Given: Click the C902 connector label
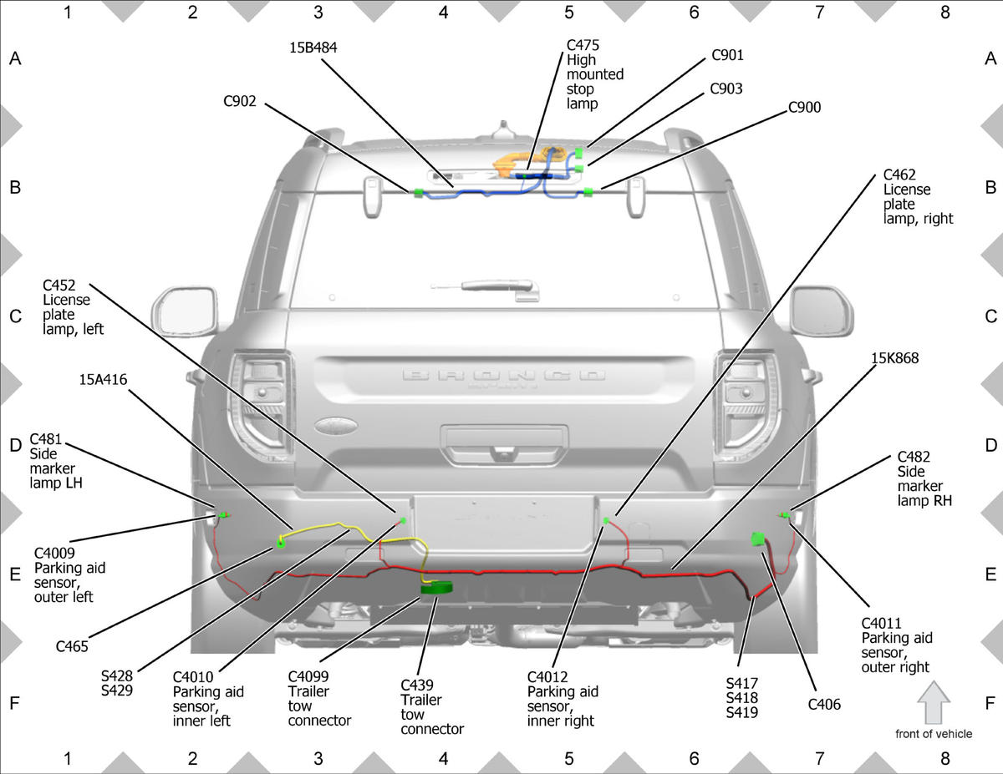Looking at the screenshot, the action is [240, 101].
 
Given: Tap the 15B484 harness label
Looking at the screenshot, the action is [313, 48].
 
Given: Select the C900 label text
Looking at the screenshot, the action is [805, 108].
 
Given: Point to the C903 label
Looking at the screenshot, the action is [726, 89].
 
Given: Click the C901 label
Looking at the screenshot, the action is [728, 55].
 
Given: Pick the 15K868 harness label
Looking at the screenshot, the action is [895, 358].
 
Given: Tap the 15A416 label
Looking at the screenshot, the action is [103, 380].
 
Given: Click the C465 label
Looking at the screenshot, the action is [72, 647].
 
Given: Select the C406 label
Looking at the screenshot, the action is [824, 705].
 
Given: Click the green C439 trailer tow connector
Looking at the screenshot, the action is [436, 588].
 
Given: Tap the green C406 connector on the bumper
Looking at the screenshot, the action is [758, 539].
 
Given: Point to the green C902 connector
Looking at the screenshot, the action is [418, 193].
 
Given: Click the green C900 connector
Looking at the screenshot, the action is [588, 192].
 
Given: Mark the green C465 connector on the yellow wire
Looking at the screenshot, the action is [280, 544].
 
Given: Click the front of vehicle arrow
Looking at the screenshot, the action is [934, 702].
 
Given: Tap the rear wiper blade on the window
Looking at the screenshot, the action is [485, 286].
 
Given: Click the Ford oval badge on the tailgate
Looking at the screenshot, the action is [336, 426].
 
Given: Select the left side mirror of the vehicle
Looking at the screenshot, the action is [185, 311].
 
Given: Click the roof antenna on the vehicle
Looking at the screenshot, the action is [503, 130].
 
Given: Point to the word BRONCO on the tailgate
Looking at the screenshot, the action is [503, 374].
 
